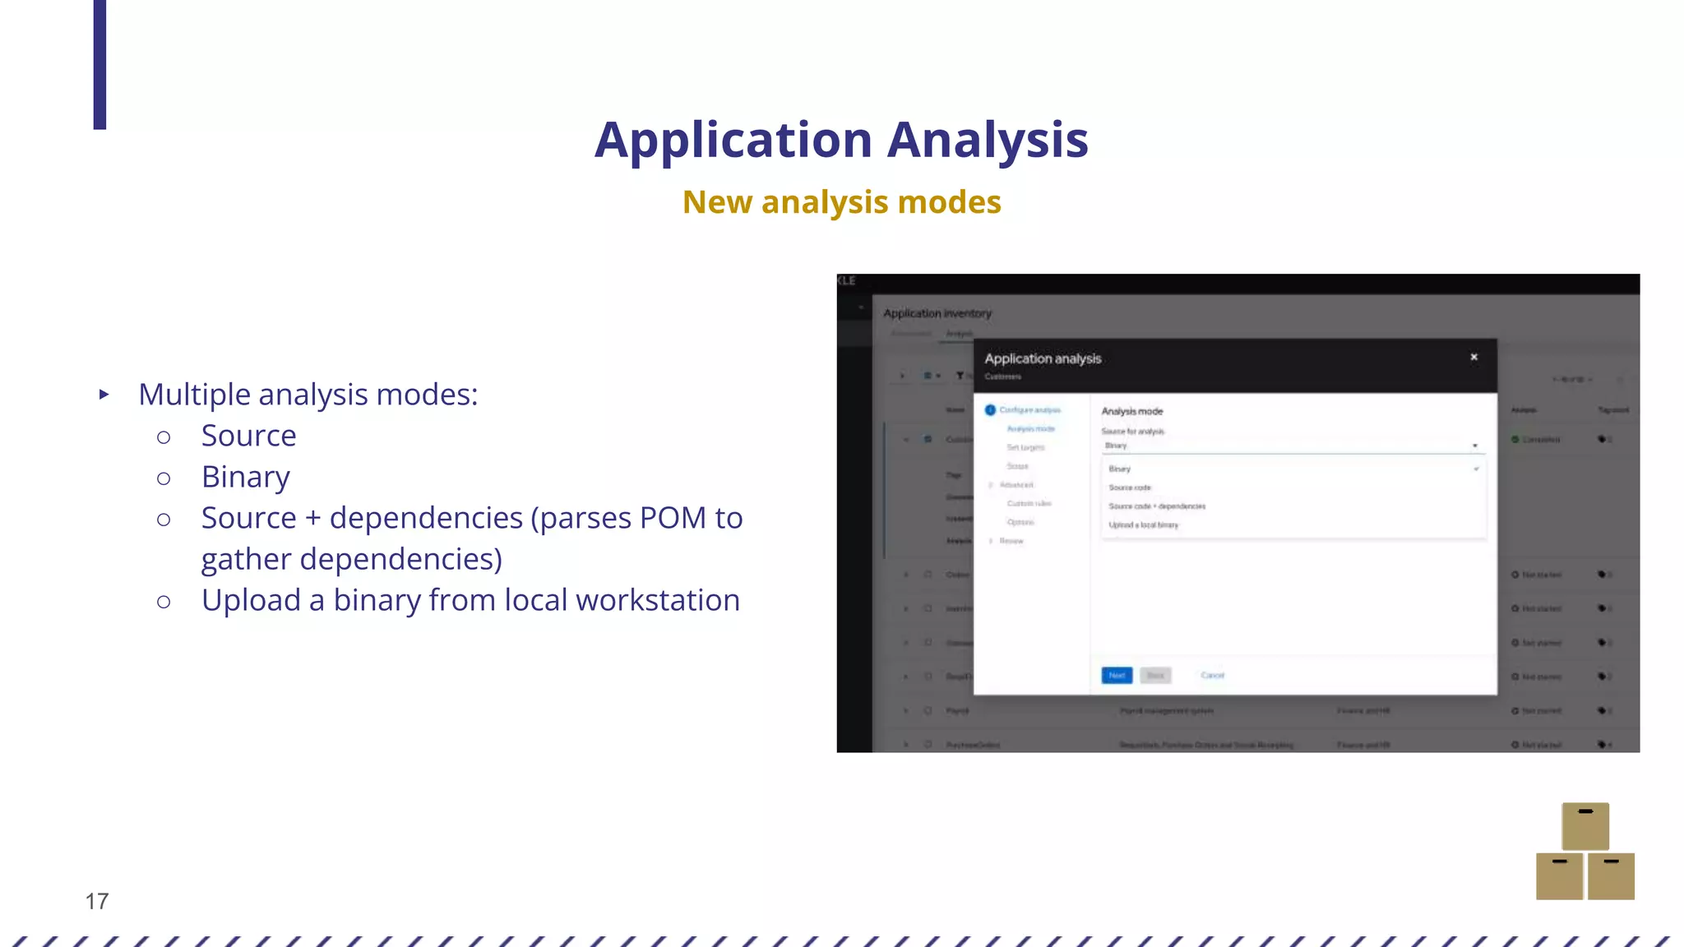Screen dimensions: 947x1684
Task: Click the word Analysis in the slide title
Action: [988, 140]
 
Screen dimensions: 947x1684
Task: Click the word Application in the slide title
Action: [733, 140]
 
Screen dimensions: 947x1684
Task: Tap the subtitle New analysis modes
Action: [841, 202]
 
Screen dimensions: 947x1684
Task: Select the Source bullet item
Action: [248, 436]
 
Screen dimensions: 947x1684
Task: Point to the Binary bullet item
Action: [245, 477]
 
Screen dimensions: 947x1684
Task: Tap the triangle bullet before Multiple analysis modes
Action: [104, 395]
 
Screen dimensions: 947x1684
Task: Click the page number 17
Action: [97, 901]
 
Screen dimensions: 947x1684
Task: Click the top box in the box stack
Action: [1585, 825]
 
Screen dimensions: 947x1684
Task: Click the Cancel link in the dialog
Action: [1212, 676]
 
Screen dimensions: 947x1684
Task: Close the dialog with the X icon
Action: [1473, 357]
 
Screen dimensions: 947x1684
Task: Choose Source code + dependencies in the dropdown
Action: [1157, 506]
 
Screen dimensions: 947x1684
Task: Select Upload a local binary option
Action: [1143, 525]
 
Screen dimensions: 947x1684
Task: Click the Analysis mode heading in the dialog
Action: [1131, 411]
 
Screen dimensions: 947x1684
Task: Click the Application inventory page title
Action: [937, 313]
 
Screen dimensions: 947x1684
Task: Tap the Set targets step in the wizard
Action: [1025, 447]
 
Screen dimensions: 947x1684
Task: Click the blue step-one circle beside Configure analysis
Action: [990, 410]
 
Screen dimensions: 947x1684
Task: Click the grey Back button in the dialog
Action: [1155, 676]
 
